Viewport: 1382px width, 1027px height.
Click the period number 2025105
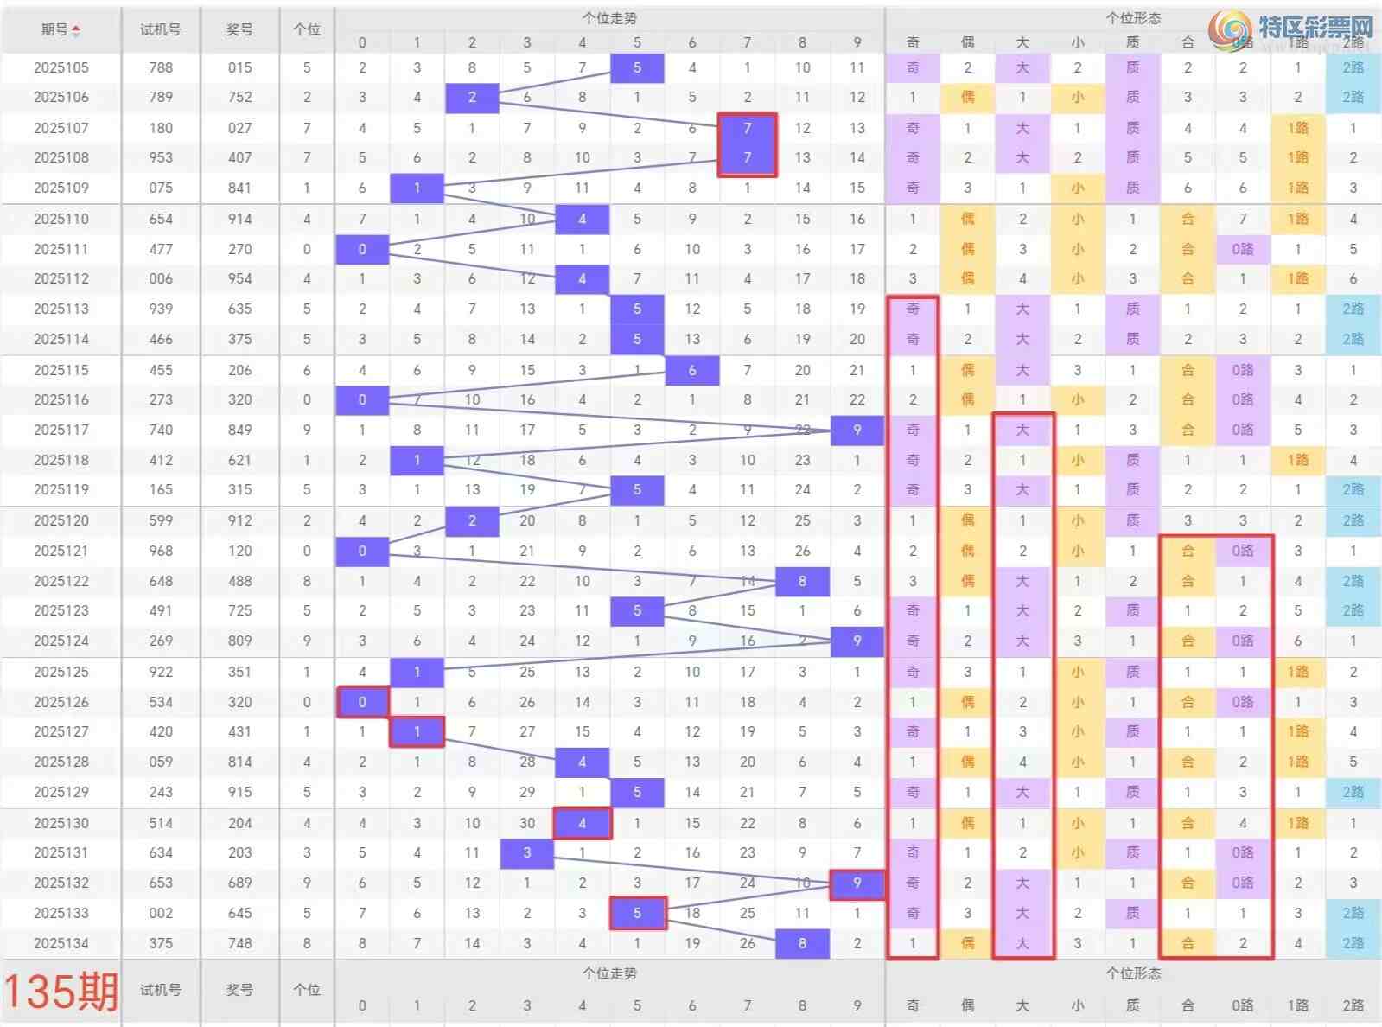(61, 67)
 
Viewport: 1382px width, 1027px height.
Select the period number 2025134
(61, 943)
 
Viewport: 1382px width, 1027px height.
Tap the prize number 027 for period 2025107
(239, 128)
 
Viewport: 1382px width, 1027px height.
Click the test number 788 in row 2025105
(161, 67)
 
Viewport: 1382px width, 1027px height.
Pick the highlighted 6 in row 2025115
(692, 370)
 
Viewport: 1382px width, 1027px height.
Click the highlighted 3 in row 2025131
(527, 852)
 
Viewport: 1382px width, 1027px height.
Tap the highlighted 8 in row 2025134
(802, 943)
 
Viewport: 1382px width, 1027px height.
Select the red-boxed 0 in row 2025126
(362, 702)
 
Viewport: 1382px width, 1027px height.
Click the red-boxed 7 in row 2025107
(748, 128)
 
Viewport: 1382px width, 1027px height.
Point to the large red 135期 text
(61, 991)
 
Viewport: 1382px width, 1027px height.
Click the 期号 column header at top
(61, 29)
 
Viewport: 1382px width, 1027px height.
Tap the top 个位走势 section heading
(609, 17)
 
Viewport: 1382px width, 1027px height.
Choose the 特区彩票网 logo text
(1315, 27)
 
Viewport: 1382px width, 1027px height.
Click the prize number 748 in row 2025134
(239, 943)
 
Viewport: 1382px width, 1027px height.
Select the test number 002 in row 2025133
(161, 913)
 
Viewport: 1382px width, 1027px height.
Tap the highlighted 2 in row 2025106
(472, 98)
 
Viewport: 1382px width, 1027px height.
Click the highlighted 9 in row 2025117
(857, 430)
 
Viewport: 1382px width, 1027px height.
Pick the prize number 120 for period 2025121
(239, 551)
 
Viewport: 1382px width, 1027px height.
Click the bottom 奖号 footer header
(239, 990)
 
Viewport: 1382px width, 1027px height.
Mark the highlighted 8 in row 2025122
(802, 581)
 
